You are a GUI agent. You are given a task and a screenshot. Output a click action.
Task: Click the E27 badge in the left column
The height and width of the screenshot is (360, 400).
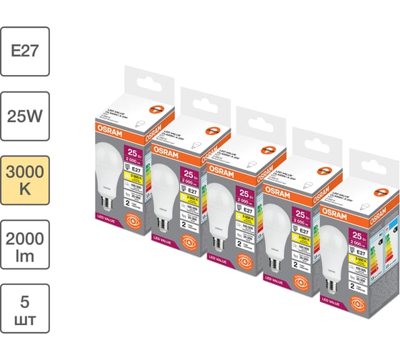pos(25,51)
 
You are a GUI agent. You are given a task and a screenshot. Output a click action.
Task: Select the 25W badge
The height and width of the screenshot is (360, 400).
pos(25,115)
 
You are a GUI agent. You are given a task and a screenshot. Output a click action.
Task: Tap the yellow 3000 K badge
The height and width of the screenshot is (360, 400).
pos(25,179)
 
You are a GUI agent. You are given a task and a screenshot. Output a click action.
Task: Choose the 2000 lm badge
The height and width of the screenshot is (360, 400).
pos(25,244)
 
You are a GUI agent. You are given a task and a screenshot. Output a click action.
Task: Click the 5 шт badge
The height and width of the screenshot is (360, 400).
pos(25,308)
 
